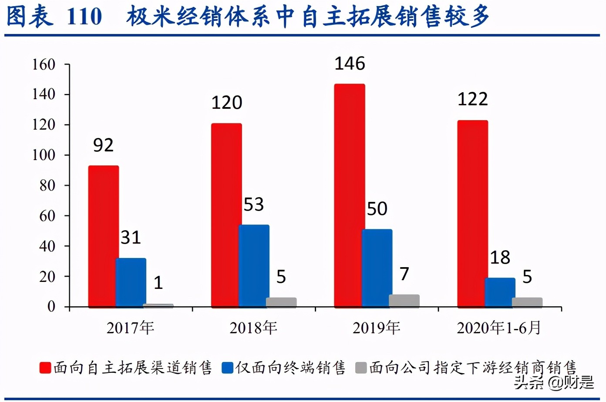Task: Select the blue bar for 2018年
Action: (254, 266)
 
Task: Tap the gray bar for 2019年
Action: (404, 301)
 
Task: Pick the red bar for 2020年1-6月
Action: (472, 214)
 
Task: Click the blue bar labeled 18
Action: (500, 292)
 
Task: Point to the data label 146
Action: (350, 64)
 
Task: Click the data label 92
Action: (103, 145)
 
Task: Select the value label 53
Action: (253, 204)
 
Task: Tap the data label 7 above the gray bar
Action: (404, 274)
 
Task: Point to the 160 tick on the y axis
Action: (44, 65)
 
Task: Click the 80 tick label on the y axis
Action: (47, 186)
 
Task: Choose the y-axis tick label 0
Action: (51, 307)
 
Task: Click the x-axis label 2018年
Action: (253, 328)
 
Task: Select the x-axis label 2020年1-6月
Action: (499, 328)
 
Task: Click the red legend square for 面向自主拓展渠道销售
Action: (45, 368)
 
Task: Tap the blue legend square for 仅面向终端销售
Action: (227, 368)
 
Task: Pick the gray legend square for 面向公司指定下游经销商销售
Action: (361, 368)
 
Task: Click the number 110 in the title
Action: (84, 17)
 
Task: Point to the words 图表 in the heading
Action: (30, 17)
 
